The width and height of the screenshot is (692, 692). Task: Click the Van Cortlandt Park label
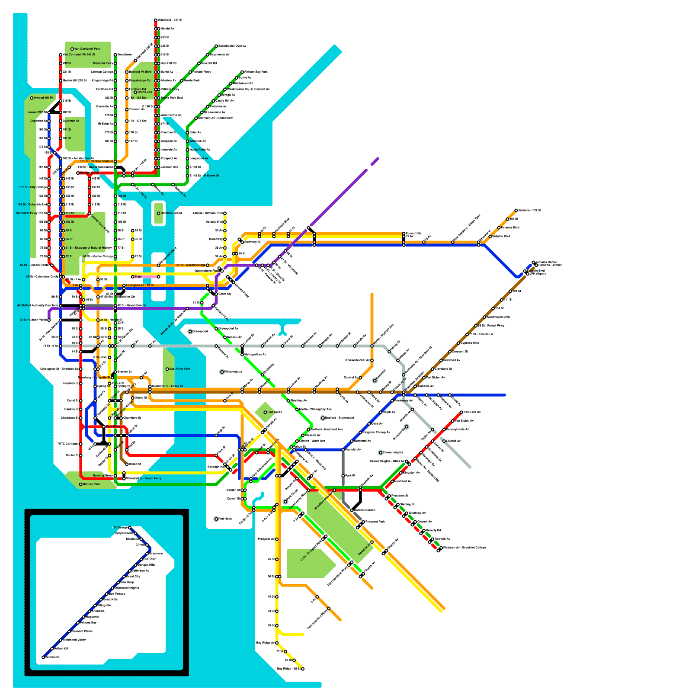[87, 49]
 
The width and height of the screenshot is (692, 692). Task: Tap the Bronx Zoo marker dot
[135, 92]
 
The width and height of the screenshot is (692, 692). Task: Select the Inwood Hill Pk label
[44, 98]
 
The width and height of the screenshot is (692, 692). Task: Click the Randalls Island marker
[159, 213]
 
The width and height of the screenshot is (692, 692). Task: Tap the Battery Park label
[91, 484]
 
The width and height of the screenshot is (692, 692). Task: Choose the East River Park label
[180, 369]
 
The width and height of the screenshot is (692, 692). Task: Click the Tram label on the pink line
[138, 277]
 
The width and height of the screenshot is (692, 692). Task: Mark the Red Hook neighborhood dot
[216, 519]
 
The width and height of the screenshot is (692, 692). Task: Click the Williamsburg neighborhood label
[234, 372]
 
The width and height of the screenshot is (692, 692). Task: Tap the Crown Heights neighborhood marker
[381, 452]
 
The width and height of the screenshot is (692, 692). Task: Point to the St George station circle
[130, 528]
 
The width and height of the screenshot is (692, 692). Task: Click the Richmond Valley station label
[74, 640]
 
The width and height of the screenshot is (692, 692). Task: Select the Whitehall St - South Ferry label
[144, 478]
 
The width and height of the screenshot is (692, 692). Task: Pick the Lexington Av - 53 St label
[140, 285]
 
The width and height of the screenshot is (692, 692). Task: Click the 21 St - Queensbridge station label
[191, 265]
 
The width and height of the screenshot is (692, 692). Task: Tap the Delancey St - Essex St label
[167, 386]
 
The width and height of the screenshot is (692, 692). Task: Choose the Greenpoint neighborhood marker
[190, 331]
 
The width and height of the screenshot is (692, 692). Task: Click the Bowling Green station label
[103, 475]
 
